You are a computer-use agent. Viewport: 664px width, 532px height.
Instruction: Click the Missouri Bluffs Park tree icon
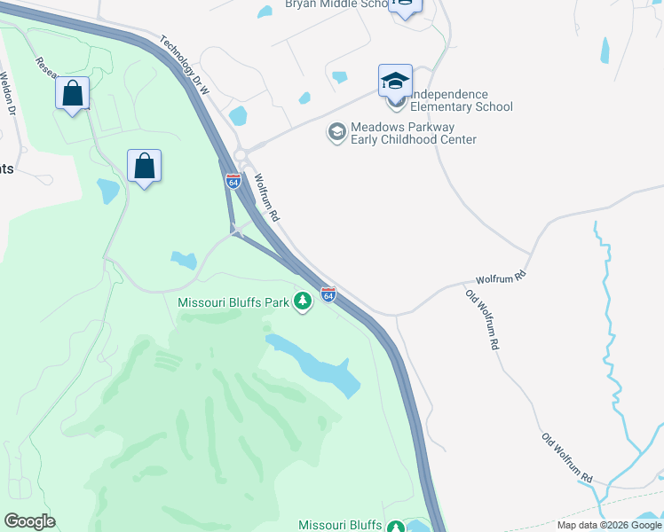[304, 302]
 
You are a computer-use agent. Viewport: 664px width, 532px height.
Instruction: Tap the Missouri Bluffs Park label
[233, 302]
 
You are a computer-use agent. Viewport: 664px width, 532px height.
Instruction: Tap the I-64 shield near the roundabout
[233, 181]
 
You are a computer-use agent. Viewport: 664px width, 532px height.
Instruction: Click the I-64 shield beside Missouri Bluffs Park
[328, 294]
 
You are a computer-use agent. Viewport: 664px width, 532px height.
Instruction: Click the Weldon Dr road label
[10, 98]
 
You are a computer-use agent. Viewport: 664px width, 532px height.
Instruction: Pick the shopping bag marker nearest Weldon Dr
[72, 93]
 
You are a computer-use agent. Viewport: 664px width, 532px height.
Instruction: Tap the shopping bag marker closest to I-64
[144, 166]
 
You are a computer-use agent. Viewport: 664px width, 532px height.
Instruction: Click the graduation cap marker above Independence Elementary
[395, 81]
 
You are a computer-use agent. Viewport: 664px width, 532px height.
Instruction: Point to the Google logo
[29, 521]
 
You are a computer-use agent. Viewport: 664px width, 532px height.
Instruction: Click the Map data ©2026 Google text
[609, 525]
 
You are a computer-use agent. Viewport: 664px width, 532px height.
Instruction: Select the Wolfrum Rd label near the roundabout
[267, 198]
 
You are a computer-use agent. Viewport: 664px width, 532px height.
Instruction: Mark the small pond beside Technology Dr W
[238, 116]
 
